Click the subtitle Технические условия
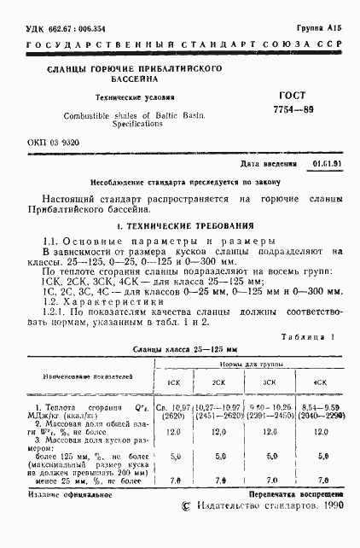[131, 97]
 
